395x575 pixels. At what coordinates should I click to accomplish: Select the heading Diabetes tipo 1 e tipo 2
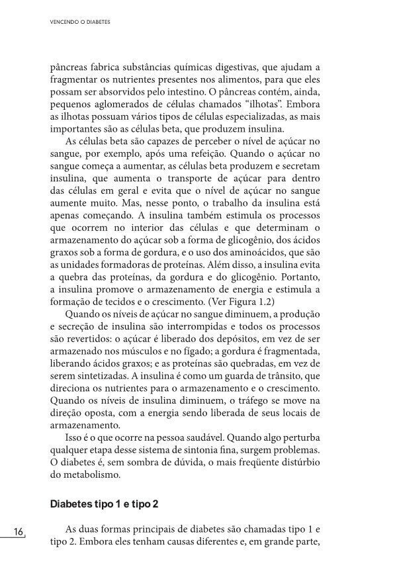[x=105, y=505]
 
